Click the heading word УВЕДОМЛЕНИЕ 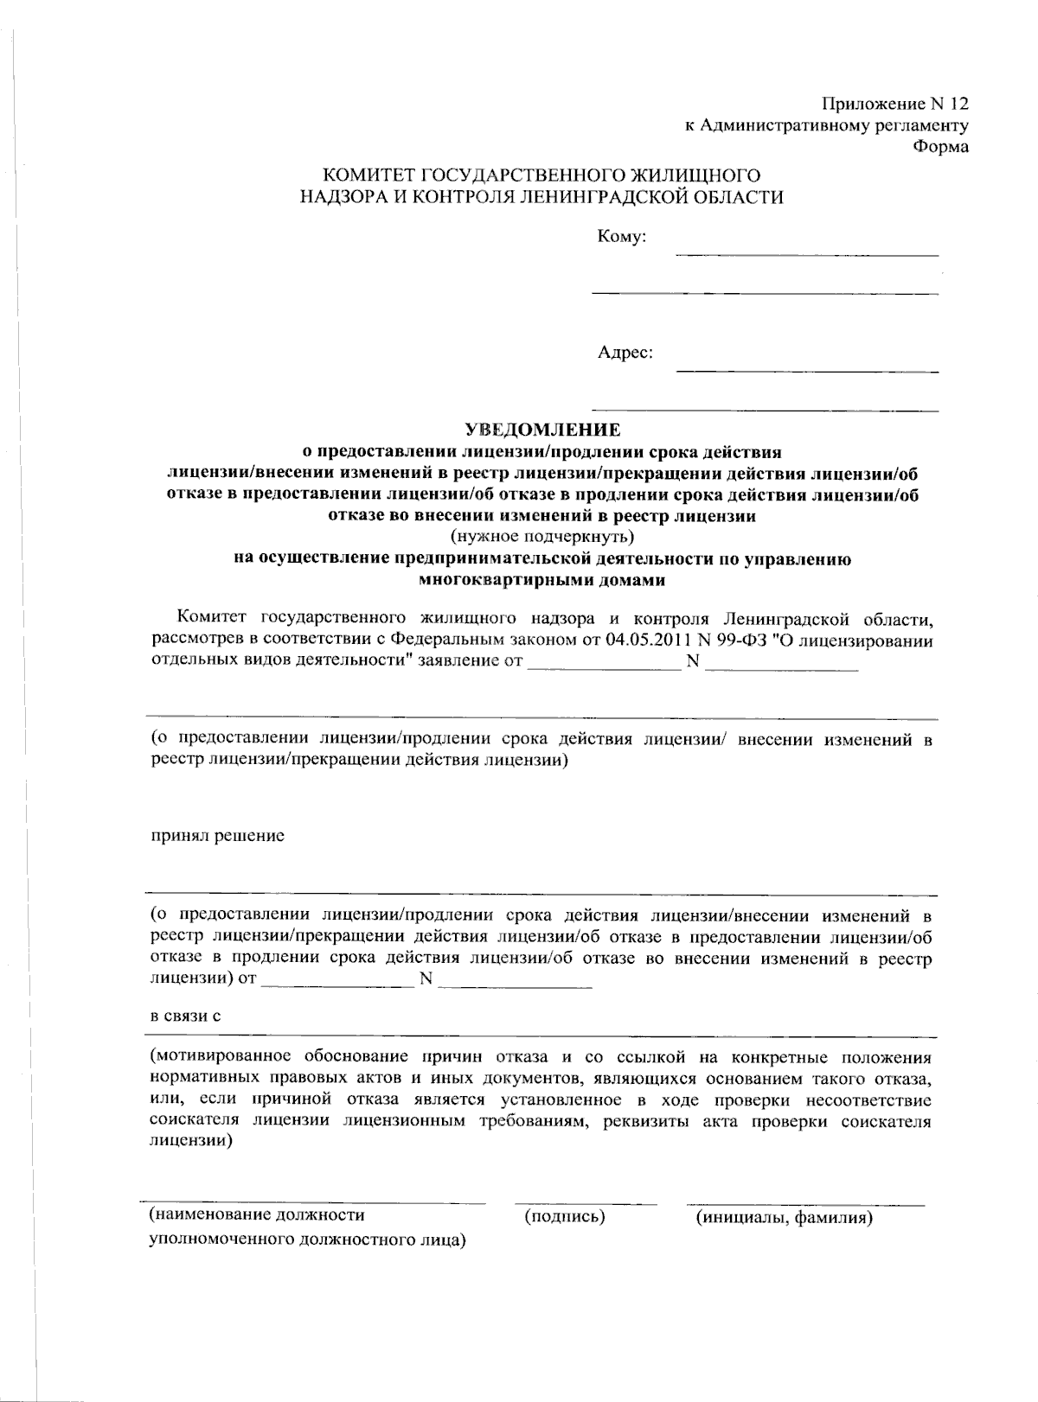click(x=543, y=430)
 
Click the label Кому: click(x=622, y=237)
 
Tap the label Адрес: click(x=625, y=353)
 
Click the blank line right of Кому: click(x=806, y=254)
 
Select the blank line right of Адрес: click(x=806, y=371)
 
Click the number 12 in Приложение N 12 click(x=958, y=105)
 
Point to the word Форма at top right click(x=941, y=146)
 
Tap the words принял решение click(x=218, y=837)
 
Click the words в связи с click(x=186, y=1016)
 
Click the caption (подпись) click(x=564, y=1217)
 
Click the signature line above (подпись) click(x=586, y=1203)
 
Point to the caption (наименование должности click(x=257, y=1215)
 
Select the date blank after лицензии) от click(x=337, y=985)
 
